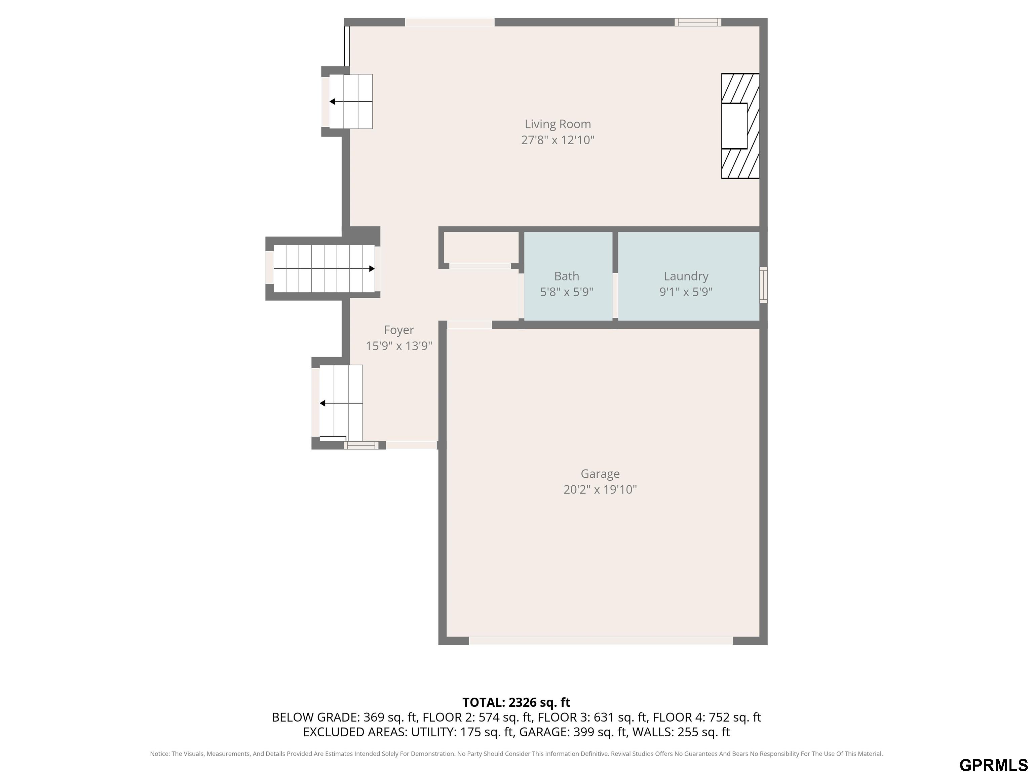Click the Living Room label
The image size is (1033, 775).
[x=558, y=124]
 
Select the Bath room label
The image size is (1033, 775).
[x=567, y=276]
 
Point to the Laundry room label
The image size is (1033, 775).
[x=686, y=276]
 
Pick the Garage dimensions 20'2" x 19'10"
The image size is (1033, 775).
[x=600, y=489]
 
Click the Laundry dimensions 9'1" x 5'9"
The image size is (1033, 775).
[x=686, y=292]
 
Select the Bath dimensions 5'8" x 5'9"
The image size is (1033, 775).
[x=567, y=292]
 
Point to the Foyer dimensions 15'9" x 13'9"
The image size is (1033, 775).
[x=399, y=346]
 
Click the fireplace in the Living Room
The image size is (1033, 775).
[x=740, y=126]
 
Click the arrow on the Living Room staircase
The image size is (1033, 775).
[x=351, y=101]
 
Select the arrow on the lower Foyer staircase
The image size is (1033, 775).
[x=341, y=403]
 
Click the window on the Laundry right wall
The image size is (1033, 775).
[x=763, y=285]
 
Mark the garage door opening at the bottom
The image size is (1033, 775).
[x=601, y=641]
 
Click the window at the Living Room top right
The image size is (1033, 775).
[x=698, y=22]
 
